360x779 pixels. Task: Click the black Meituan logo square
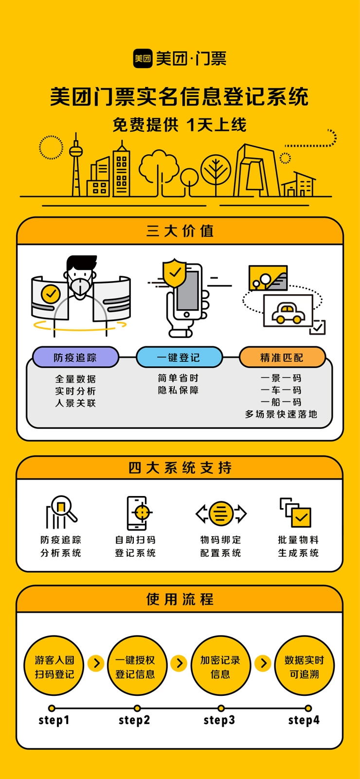143,58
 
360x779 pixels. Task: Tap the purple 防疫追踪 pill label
75,357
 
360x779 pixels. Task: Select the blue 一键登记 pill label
179,357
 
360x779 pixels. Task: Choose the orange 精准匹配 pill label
282,357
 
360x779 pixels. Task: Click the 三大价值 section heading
180,231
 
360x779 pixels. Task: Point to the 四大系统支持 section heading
180,468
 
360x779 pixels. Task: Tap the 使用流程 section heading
180,599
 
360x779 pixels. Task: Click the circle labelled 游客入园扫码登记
54,666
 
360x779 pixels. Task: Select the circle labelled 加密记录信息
220,666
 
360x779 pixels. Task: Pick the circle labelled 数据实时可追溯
305,666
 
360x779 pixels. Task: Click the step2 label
134,720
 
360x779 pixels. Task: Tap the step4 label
304,720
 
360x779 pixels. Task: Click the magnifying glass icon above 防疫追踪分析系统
61,512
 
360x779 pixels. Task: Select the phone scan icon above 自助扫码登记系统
138,513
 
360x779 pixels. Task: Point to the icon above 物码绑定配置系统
221,513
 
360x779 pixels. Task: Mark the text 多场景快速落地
281,414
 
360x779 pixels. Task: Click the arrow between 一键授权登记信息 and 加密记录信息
179,663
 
